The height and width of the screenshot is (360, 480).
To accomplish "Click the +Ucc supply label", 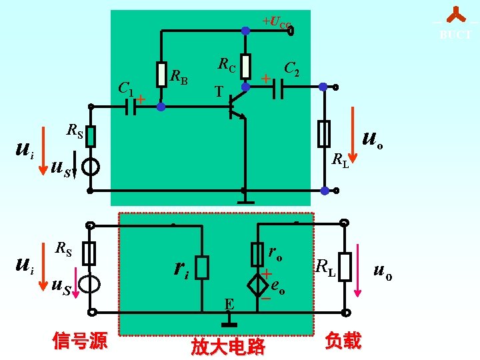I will point(277,23).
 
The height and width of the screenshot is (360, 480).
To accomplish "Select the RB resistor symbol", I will point(161,75).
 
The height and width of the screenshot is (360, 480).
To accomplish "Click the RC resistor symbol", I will point(246,67).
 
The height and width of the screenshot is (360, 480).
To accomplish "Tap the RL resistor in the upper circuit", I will point(324,134).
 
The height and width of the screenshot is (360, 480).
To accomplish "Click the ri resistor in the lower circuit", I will point(202,267).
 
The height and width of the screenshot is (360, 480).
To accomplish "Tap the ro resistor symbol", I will point(257,254).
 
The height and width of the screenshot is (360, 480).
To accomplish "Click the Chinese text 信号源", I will point(80,341).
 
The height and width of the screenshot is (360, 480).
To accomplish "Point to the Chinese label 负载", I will point(343,341).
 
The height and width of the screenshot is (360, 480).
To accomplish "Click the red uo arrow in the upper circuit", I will point(354,141).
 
